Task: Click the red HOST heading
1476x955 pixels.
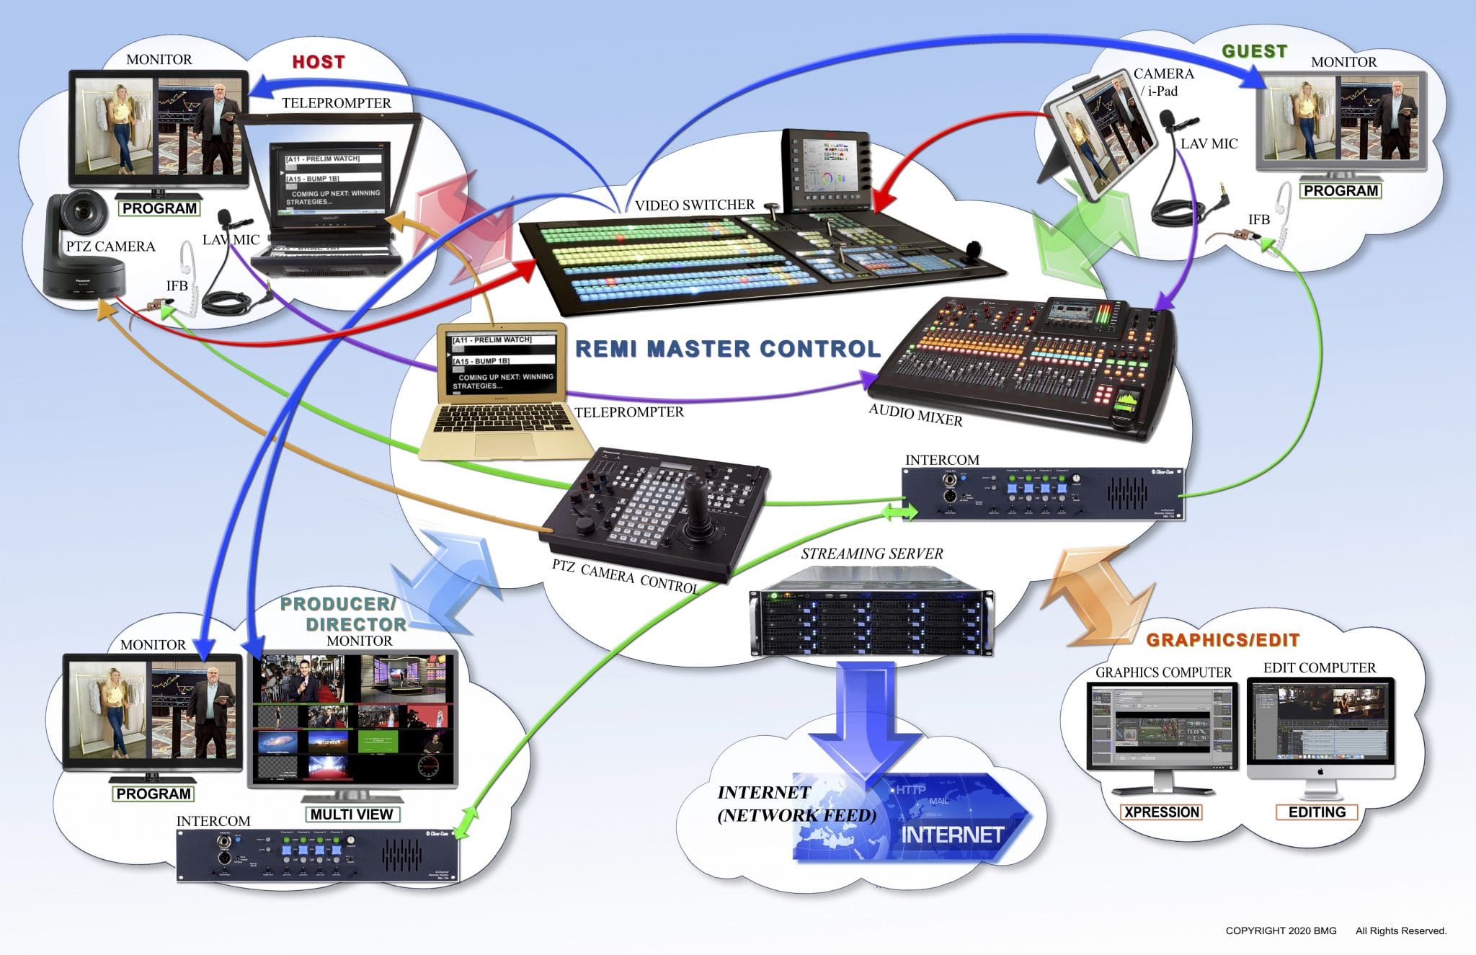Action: [318, 62]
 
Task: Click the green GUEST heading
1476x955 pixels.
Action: [1254, 51]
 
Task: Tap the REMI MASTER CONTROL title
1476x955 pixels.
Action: [728, 349]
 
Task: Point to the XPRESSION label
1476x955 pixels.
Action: [1161, 812]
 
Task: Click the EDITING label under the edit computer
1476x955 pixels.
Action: [1317, 812]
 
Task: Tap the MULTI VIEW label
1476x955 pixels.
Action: [351, 814]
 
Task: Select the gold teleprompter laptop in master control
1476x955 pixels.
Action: [503, 393]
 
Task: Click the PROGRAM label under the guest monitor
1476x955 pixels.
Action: [1341, 191]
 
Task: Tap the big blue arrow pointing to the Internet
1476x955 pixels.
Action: [865, 728]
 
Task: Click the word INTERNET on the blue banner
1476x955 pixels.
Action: [952, 835]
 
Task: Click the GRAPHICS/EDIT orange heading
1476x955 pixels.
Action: [1222, 640]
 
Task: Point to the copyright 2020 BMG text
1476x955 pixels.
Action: [1281, 931]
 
